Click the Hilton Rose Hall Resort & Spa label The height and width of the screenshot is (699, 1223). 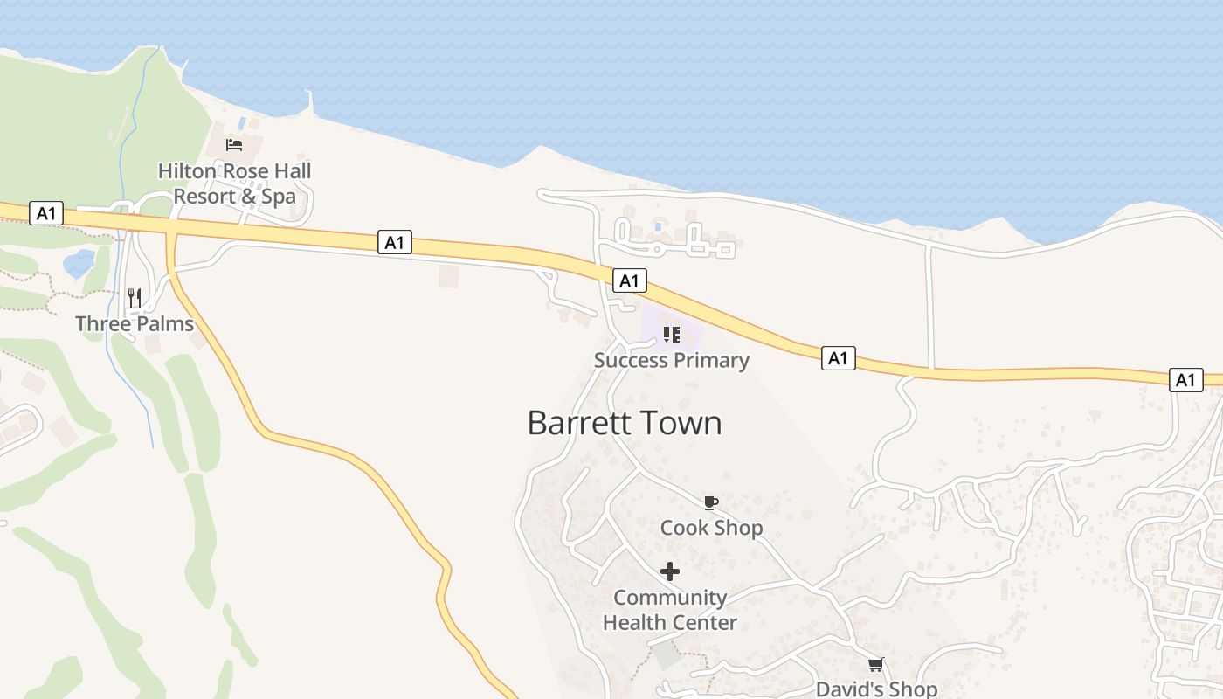pyautogui.click(x=234, y=183)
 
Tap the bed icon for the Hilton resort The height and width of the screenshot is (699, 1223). pyautogui.click(x=233, y=145)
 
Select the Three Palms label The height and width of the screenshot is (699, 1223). pyautogui.click(x=135, y=324)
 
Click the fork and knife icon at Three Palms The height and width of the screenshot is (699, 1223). pyautogui.click(x=135, y=298)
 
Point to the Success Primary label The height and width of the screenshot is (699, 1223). pyautogui.click(x=671, y=361)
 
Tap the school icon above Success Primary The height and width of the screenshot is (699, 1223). pyautogui.click(x=671, y=335)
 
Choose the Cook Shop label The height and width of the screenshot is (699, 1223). pyautogui.click(x=711, y=528)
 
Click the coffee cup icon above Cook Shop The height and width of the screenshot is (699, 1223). pyautogui.click(x=710, y=502)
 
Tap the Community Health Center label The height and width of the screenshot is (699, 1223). pyautogui.click(x=670, y=610)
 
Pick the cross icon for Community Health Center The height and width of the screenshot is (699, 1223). pyautogui.click(x=670, y=571)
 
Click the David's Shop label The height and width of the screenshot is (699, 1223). pyautogui.click(x=876, y=689)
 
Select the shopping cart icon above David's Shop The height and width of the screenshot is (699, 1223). pyautogui.click(x=875, y=665)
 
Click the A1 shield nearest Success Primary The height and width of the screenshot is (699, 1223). pyautogui.click(x=630, y=280)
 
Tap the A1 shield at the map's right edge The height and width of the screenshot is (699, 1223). pyautogui.click(x=1185, y=380)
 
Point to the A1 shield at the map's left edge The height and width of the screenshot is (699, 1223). pyautogui.click(x=45, y=213)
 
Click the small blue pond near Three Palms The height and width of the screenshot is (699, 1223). pyautogui.click(x=79, y=263)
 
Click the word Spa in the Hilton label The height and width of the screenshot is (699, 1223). pyautogui.click(x=280, y=197)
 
